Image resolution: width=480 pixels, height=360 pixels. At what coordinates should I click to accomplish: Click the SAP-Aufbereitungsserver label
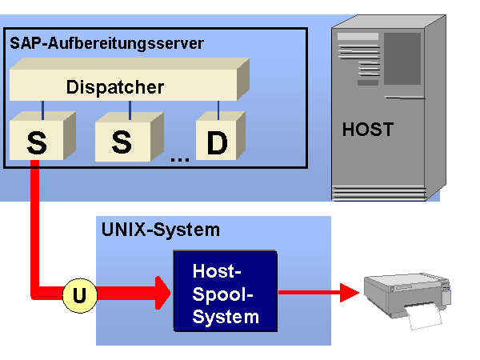(x=106, y=43)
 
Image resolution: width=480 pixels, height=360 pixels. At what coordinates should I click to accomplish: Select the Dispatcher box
(x=130, y=79)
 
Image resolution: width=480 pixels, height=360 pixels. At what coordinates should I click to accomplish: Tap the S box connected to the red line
(x=42, y=136)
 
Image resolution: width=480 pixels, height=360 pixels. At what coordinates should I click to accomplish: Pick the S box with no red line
(x=129, y=137)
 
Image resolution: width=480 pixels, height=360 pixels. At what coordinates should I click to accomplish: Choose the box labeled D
(x=221, y=136)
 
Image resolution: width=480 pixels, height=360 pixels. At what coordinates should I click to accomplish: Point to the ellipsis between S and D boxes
(x=180, y=159)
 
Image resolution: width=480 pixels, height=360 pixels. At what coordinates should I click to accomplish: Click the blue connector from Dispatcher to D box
(x=218, y=110)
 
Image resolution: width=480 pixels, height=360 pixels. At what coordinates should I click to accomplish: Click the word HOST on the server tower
(x=368, y=129)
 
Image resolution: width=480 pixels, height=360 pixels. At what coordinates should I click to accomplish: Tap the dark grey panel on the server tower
(x=402, y=58)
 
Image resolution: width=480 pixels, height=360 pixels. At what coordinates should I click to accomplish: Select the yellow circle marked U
(x=80, y=295)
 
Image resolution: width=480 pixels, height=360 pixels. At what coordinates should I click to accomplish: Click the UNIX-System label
(x=161, y=230)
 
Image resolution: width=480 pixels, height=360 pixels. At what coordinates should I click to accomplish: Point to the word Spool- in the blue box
(x=222, y=294)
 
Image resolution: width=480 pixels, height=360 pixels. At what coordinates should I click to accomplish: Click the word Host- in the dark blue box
(x=217, y=271)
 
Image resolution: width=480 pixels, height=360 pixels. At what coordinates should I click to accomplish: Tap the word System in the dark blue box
(x=226, y=317)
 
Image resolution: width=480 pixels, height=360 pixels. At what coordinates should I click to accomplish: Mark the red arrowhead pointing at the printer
(x=350, y=293)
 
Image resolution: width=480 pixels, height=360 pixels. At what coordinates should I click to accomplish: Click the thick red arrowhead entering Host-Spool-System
(x=162, y=293)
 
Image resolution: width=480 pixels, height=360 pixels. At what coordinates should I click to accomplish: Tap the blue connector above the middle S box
(x=130, y=110)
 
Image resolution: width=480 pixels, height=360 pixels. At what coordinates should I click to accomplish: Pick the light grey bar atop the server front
(x=358, y=37)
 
